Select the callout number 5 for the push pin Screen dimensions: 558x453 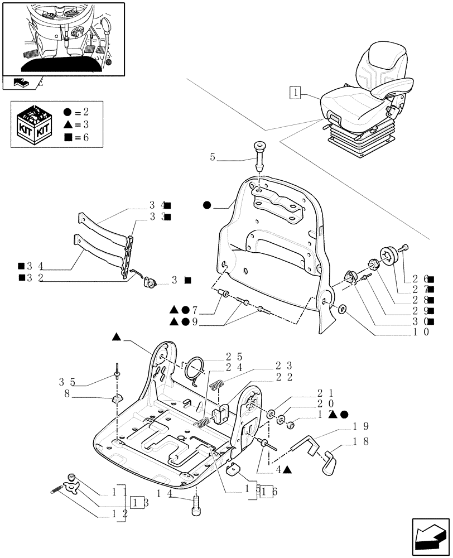(213, 158)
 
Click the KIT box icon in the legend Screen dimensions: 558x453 (34, 124)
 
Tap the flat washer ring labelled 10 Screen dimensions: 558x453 (341, 309)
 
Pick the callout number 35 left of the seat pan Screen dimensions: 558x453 (66, 382)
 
